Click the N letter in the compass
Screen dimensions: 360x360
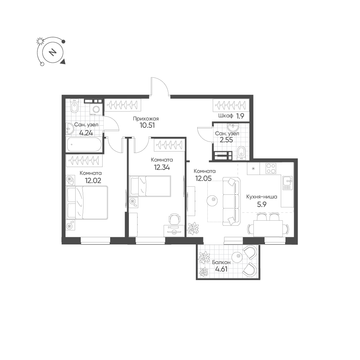[x=53, y=52]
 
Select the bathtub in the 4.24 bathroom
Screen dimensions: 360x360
[x=84, y=145]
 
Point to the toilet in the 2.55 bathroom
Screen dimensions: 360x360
[x=241, y=153]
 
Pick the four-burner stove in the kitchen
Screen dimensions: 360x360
[x=270, y=168]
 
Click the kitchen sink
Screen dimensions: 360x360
[x=287, y=183]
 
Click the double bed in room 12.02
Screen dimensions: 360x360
[x=87, y=203]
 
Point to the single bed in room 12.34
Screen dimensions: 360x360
[x=150, y=186]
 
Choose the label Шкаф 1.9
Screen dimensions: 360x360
[x=231, y=116]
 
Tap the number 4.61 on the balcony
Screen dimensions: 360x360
[x=221, y=269]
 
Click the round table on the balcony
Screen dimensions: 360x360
[x=237, y=256]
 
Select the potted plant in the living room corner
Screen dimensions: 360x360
[x=192, y=228]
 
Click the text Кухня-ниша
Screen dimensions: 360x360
[x=261, y=197]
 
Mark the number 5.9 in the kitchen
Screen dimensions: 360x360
[x=261, y=204]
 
